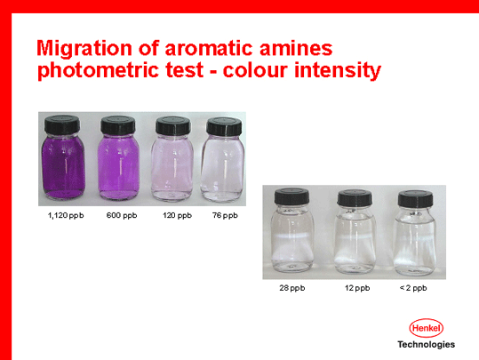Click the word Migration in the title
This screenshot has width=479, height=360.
point(84,49)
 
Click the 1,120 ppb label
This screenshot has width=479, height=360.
point(66,215)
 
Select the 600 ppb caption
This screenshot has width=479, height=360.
point(122,215)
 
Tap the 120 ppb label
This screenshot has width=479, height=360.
point(177,215)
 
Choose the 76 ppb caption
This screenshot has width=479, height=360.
point(225,215)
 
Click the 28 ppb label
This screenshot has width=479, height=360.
point(292,288)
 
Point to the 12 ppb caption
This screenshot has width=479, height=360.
point(357,288)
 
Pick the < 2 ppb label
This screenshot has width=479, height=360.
point(413,288)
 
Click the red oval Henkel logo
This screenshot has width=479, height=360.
point(427,328)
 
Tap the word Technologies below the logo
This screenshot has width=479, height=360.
point(427,345)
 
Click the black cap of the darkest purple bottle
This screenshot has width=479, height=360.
point(62,124)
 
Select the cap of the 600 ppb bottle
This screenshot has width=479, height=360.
point(118,125)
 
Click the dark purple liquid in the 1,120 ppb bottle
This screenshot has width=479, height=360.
point(63,167)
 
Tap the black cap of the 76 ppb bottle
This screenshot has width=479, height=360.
point(224,126)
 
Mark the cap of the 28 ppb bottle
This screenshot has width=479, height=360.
point(291,196)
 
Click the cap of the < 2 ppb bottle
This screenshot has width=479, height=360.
point(416,198)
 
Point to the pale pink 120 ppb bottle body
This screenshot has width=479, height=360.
point(172,168)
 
